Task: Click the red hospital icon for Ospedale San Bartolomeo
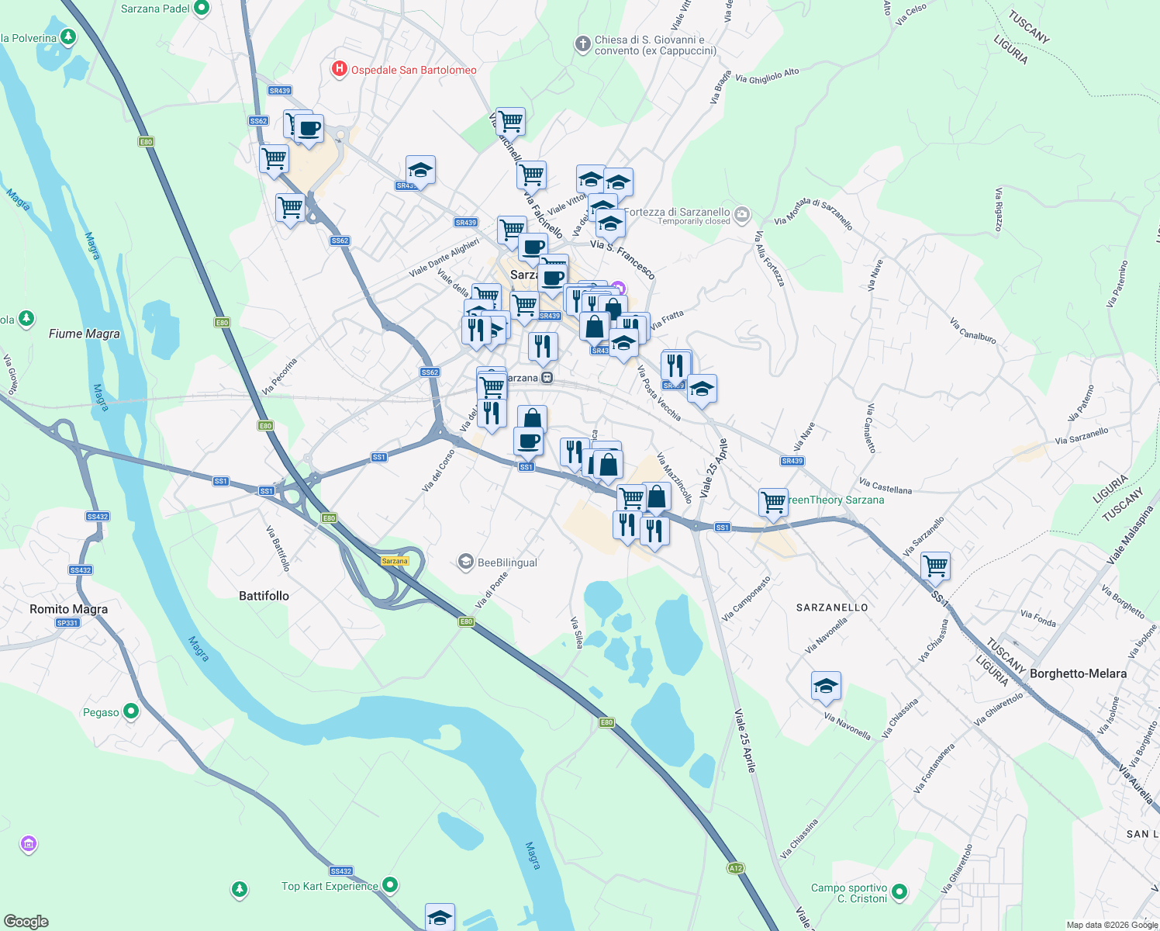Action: (339, 70)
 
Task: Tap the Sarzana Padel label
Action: (155, 9)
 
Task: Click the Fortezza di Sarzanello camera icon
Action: (742, 213)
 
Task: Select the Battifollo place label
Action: (264, 596)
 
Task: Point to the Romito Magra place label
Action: (68, 609)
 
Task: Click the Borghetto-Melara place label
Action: (1078, 673)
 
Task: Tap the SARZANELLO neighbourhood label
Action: (832, 607)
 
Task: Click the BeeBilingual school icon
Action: (465, 562)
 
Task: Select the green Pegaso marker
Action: (131, 711)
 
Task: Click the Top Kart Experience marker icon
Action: (391, 884)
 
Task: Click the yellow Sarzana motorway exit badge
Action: (395, 561)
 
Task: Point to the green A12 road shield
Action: (736, 868)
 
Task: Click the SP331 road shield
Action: (67, 623)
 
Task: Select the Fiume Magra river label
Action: (85, 334)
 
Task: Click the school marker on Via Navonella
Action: (826, 686)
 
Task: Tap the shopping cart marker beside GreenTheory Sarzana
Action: (773, 501)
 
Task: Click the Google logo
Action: (26, 922)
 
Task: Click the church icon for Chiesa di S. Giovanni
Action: (583, 44)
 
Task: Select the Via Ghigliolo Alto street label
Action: (767, 76)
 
